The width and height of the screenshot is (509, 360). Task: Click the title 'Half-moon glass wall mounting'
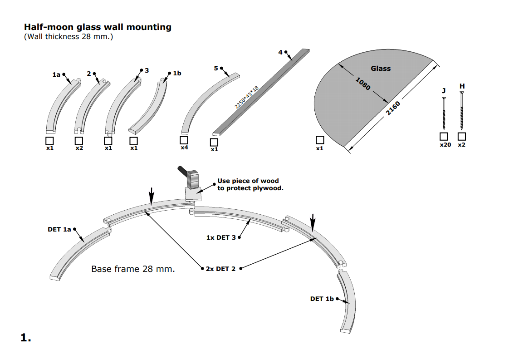tap(98, 27)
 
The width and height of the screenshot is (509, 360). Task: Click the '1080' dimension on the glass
tap(363, 84)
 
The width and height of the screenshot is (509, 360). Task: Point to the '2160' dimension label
tap(393, 108)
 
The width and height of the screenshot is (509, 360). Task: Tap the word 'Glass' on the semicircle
tap(381, 69)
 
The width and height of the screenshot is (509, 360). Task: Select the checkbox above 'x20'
tap(444, 136)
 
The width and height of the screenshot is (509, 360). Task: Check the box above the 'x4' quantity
tap(184, 140)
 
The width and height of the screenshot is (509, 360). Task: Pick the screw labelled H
tap(462, 111)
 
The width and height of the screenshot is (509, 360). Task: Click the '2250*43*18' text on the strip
tap(246, 97)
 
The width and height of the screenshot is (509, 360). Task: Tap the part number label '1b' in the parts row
tap(177, 73)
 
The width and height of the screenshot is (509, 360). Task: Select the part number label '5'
tap(216, 68)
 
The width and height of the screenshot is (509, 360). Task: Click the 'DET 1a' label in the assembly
tap(59, 230)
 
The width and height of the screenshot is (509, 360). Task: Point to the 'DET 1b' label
tap(322, 299)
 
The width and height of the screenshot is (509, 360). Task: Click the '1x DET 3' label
tap(221, 237)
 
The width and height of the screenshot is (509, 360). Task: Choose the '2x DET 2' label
tap(220, 269)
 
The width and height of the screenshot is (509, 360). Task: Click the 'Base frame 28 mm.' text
tap(133, 269)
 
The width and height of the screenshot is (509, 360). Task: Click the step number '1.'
tap(26, 337)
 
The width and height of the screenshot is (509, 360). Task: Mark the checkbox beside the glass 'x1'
tap(320, 140)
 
